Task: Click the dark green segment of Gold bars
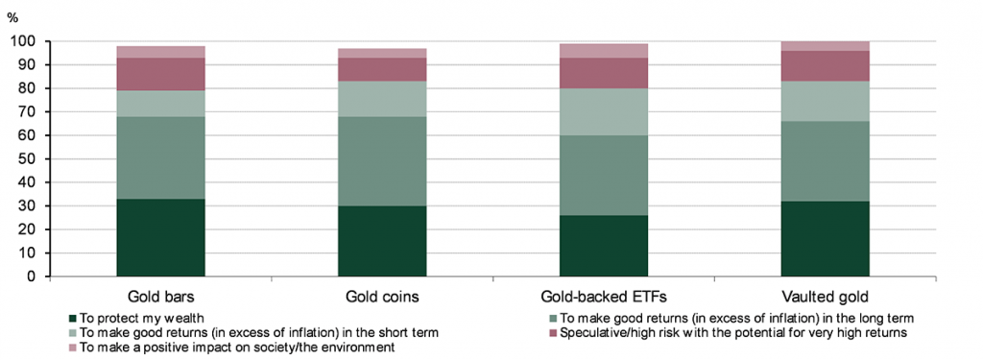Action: tap(160, 238)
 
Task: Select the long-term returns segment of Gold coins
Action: tap(382, 161)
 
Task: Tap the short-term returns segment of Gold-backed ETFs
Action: tap(604, 111)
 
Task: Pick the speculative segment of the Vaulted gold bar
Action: tap(825, 66)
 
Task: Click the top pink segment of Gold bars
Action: tap(160, 52)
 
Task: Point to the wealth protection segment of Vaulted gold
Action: tap(825, 239)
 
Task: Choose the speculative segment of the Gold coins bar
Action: tap(382, 70)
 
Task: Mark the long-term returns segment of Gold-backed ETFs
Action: tap(604, 176)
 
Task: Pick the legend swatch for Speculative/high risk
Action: tap(553, 332)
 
